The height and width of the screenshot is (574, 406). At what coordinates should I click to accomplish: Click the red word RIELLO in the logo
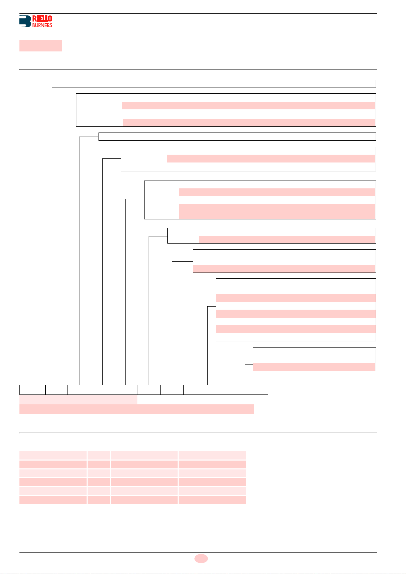(42, 18)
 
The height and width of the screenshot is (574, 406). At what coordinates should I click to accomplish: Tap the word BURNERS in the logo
(42, 25)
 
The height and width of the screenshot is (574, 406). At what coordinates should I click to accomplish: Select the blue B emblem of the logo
(25, 21)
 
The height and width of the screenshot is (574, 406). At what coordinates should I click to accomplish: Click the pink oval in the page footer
(201, 558)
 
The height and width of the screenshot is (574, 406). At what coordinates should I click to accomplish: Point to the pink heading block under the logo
(40, 46)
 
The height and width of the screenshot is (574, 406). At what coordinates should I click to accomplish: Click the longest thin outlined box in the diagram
(214, 84)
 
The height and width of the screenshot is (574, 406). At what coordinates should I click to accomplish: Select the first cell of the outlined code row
(32, 390)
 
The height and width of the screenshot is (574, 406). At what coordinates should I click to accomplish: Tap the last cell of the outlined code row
(249, 390)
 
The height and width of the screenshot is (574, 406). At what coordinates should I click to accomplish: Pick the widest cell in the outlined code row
(207, 390)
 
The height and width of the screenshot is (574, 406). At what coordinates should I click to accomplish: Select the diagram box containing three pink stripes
(296, 310)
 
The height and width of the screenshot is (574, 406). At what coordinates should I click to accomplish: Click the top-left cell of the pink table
(53, 455)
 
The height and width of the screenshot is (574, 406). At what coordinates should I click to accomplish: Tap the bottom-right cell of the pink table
(212, 500)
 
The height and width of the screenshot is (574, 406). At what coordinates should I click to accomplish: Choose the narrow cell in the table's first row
(99, 455)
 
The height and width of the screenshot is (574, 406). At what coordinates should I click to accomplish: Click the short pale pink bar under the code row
(78, 400)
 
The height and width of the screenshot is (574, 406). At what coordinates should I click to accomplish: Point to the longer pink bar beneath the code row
(137, 409)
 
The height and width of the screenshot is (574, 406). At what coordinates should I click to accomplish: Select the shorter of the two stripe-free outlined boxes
(237, 137)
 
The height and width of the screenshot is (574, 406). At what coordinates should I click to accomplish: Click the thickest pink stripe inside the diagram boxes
(277, 211)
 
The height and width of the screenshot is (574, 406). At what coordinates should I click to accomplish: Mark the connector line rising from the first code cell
(33, 238)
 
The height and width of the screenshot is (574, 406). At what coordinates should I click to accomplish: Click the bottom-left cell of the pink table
(53, 500)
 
